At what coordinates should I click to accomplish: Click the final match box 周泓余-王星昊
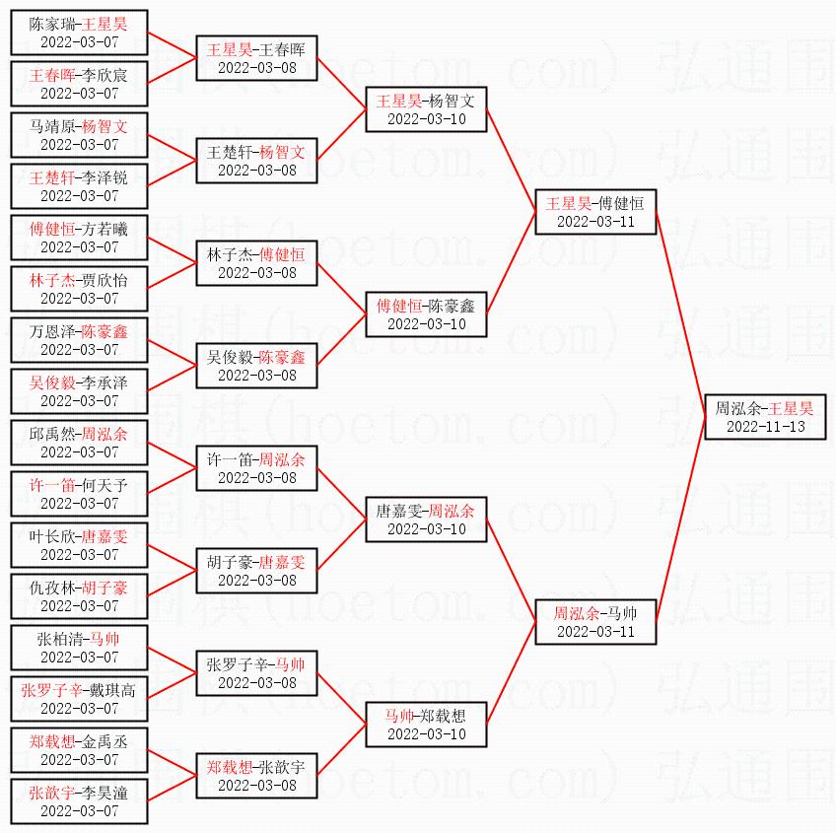(x=765, y=417)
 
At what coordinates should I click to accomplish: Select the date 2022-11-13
(x=766, y=426)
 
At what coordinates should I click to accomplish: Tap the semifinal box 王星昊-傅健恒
(x=595, y=212)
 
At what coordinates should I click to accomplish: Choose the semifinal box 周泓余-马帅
(x=595, y=622)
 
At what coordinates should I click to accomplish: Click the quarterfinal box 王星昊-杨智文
(x=426, y=109)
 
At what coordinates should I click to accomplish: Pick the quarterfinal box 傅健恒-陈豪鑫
(x=426, y=314)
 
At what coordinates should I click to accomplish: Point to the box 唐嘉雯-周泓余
(x=426, y=520)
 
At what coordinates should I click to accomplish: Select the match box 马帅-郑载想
(x=426, y=725)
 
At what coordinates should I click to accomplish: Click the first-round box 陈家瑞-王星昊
(x=79, y=32)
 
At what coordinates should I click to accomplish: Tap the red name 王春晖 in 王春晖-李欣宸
(x=52, y=75)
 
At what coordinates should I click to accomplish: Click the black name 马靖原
(x=52, y=126)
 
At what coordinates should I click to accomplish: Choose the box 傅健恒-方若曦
(x=79, y=238)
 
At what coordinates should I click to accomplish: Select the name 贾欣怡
(x=104, y=280)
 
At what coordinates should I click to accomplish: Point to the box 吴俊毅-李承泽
(x=79, y=391)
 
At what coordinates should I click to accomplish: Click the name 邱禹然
(x=52, y=434)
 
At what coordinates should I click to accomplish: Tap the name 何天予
(x=104, y=485)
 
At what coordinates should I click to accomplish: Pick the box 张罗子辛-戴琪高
(x=79, y=699)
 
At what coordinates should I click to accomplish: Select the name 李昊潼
(x=104, y=793)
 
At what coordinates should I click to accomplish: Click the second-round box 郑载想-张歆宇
(x=256, y=776)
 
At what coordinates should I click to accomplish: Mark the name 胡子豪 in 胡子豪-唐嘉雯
(x=230, y=562)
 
